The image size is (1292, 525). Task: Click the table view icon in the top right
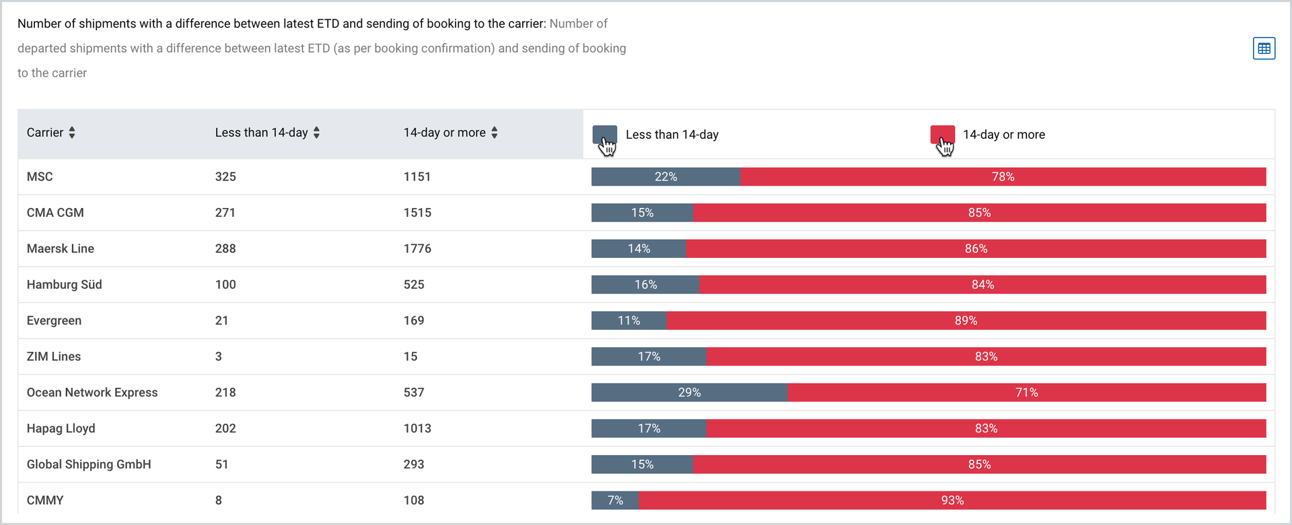coord(1264,48)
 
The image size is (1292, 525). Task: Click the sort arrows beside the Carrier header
coord(72,133)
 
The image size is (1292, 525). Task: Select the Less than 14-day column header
coord(262,133)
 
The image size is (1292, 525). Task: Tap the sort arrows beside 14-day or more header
coord(495,133)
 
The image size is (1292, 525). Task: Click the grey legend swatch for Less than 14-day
coord(604,135)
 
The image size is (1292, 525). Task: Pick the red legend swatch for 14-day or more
coord(942,135)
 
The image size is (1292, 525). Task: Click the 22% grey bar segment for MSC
coord(666,177)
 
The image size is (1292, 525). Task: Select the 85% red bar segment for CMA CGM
coord(979,213)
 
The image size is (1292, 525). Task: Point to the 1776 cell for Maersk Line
coord(417,248)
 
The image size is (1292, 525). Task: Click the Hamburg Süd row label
coord(65,285)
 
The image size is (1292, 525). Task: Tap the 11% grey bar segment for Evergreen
coord(629,320)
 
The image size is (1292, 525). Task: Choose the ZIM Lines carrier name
coord(54,357)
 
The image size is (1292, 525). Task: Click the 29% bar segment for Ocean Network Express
coord(690,392)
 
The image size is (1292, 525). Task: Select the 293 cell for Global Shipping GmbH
coord(414,464)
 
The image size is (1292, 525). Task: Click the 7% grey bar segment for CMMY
coord(615,501)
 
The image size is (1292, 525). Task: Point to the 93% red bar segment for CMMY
coord(952,501)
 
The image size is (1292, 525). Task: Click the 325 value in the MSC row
coord(225,177)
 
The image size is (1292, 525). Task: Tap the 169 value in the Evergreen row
coord(414,320)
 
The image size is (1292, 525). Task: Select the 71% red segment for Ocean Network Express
coord(1027,392)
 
